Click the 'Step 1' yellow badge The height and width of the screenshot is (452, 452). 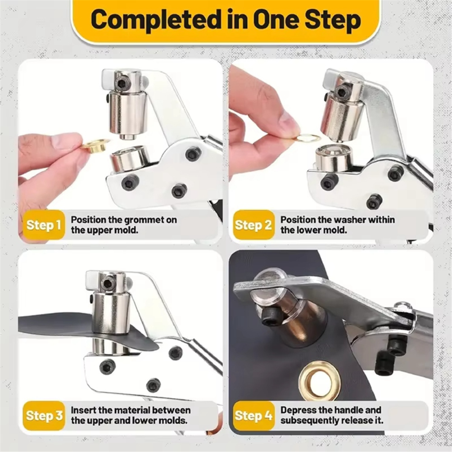point(43,225)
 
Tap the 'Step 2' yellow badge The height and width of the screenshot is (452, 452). point(253,225)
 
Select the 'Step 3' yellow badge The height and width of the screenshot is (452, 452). point(44,415)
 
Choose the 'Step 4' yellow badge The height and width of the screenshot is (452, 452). point(253,415)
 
